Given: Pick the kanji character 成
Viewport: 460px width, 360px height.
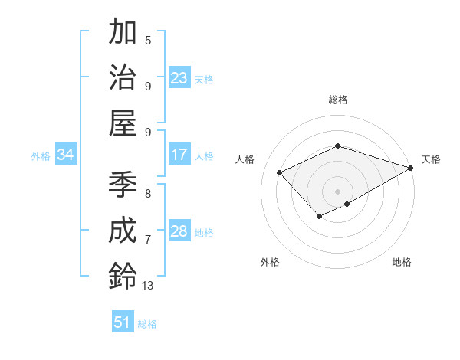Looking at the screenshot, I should click(123, 231).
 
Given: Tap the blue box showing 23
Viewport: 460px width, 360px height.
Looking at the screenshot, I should click(179, 78).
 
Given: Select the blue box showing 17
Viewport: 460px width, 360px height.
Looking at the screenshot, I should click(179, 155).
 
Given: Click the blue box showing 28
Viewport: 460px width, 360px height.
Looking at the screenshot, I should click(179, 231).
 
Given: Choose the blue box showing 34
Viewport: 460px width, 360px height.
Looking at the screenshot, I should click(66, 155).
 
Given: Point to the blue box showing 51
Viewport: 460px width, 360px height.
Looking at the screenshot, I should click(123, 322).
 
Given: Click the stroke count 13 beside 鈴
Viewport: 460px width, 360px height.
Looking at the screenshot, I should click(148, 285).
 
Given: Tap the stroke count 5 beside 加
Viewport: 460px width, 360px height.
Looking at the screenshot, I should click(148, 40).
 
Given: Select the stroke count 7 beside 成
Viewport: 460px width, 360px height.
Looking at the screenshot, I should click(148, 240).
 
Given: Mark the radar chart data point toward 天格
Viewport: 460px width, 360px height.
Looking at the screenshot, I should click(411, 169).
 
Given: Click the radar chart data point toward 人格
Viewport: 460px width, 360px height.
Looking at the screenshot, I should click(280, 172).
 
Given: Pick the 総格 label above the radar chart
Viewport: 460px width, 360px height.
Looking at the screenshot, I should click(337, 100).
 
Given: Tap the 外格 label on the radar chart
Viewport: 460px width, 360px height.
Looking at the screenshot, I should click(270, 262).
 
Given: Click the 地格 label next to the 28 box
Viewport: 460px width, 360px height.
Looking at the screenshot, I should click(205, 232).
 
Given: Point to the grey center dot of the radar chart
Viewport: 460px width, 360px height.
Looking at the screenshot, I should click(337, 191).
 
